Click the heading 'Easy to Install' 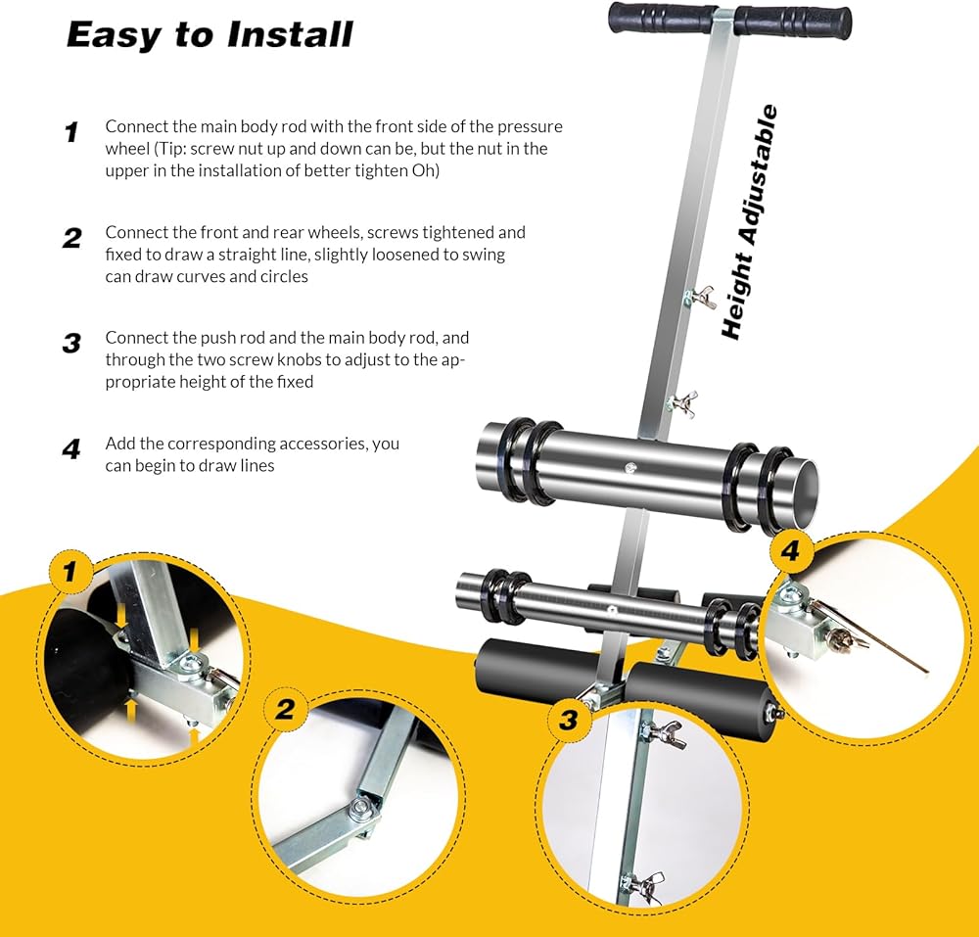(210, 35)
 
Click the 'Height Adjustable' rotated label (749, 222)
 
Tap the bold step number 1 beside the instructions (71, 132)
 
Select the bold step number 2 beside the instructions (72, 238)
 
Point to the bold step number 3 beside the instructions (71, 344)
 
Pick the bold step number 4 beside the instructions (71, 449)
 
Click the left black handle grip (661, 18)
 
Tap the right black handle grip (793, 23)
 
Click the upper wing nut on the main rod (701, 297)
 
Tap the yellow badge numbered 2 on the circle (285, 709)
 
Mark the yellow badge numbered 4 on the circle (790, 550)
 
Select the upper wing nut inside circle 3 (665, 733)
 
